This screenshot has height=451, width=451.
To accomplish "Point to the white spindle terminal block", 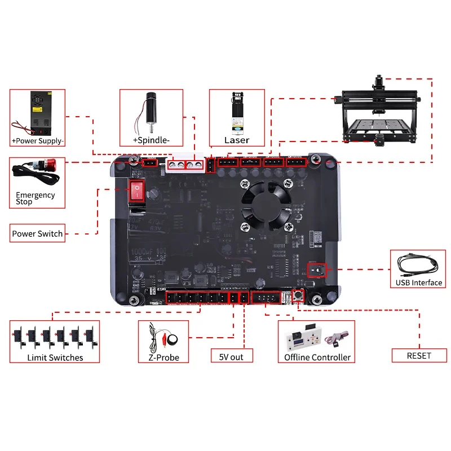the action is tap(186, 165).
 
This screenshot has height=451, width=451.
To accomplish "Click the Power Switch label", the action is tap(38, 233).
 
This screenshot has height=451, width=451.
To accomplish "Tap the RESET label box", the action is tap(419, 355).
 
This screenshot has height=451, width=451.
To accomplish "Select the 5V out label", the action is tap(232, 356).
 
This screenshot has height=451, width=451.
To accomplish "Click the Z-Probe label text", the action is tap(163, 357).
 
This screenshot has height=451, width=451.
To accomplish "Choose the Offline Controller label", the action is tap(317, 357).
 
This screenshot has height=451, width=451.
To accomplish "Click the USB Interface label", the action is tap(419, 282).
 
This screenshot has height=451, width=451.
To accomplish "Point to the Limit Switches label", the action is tap(55, 357).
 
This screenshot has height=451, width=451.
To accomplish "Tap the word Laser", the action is tap(236, 140).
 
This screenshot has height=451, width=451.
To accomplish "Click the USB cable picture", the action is tap(418, 264).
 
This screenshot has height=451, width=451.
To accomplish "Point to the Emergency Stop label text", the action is tap(36, 198).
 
